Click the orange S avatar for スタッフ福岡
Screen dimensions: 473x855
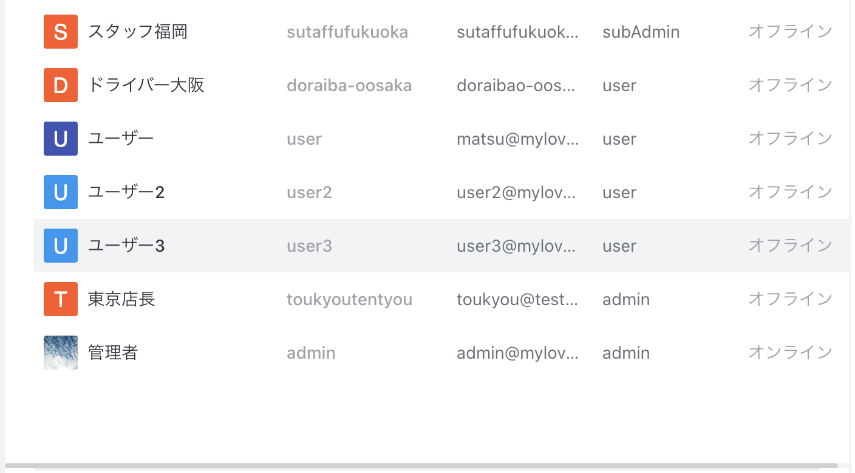tap(61, 32)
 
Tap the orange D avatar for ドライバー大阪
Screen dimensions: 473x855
tap(61, 85)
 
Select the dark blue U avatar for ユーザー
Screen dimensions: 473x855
tap(61, 139)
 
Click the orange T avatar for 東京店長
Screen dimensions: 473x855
tap(61, 299)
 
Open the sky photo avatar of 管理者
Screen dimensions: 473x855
tap(61, 353)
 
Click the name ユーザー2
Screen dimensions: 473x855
tap(126, 192)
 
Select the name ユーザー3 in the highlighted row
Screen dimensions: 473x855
tap(126, 246)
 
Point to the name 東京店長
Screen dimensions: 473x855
tap(121, 299)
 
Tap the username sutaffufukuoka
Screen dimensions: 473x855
tap(347, 32)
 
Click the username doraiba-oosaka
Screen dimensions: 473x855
tap(349, 85)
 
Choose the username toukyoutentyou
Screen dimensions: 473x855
tap(349, 299)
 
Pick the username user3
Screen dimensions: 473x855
tap(309, 246)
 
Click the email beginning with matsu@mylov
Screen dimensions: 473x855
tap(517, 139)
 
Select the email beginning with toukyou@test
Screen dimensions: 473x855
tap(517, 299)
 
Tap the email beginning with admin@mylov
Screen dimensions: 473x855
tap(517, 353)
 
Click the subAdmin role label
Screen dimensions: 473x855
tap(641, 32)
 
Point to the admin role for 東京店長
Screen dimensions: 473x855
tap(626, 299)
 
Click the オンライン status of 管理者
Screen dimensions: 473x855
tap(790, 353)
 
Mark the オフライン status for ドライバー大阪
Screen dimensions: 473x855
tap(790, 85)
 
